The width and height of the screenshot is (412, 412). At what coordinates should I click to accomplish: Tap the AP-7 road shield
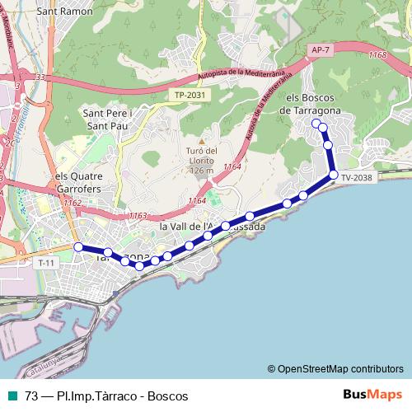click(x=321, y=50)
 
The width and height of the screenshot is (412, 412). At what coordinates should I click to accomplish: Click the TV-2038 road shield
click(x=356, y=177)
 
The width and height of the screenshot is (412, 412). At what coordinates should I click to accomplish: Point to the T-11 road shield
click(x=46, y=262)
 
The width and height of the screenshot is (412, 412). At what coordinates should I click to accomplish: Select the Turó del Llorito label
click(x=201, y=160)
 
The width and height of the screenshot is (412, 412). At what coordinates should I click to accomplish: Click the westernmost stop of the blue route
click(x=78, y=247)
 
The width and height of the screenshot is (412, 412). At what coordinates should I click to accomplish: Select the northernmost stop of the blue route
click(x=316, y=123)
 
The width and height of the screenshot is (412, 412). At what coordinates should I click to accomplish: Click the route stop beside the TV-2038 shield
click(x=334, y=174)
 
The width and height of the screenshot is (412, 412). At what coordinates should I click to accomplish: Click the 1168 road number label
click(x=377, y=55)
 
